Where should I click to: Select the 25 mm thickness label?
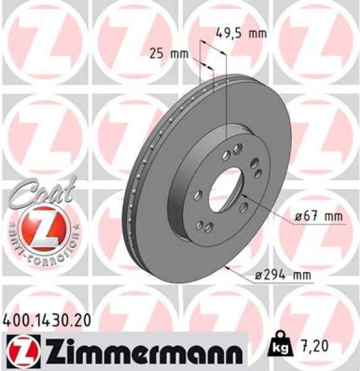click(169, 54)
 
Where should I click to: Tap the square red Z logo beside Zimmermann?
click(18, 351)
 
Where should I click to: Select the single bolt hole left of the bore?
click(196, 195)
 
